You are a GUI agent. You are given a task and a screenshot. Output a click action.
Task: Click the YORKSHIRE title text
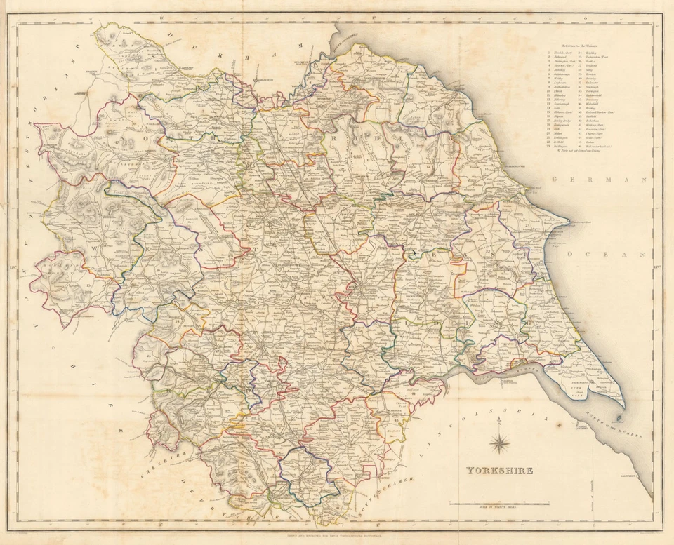click(497, 470)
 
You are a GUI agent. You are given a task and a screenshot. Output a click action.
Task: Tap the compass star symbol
click(500, 442)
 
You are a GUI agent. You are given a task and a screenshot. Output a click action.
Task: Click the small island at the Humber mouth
click(618, 418)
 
